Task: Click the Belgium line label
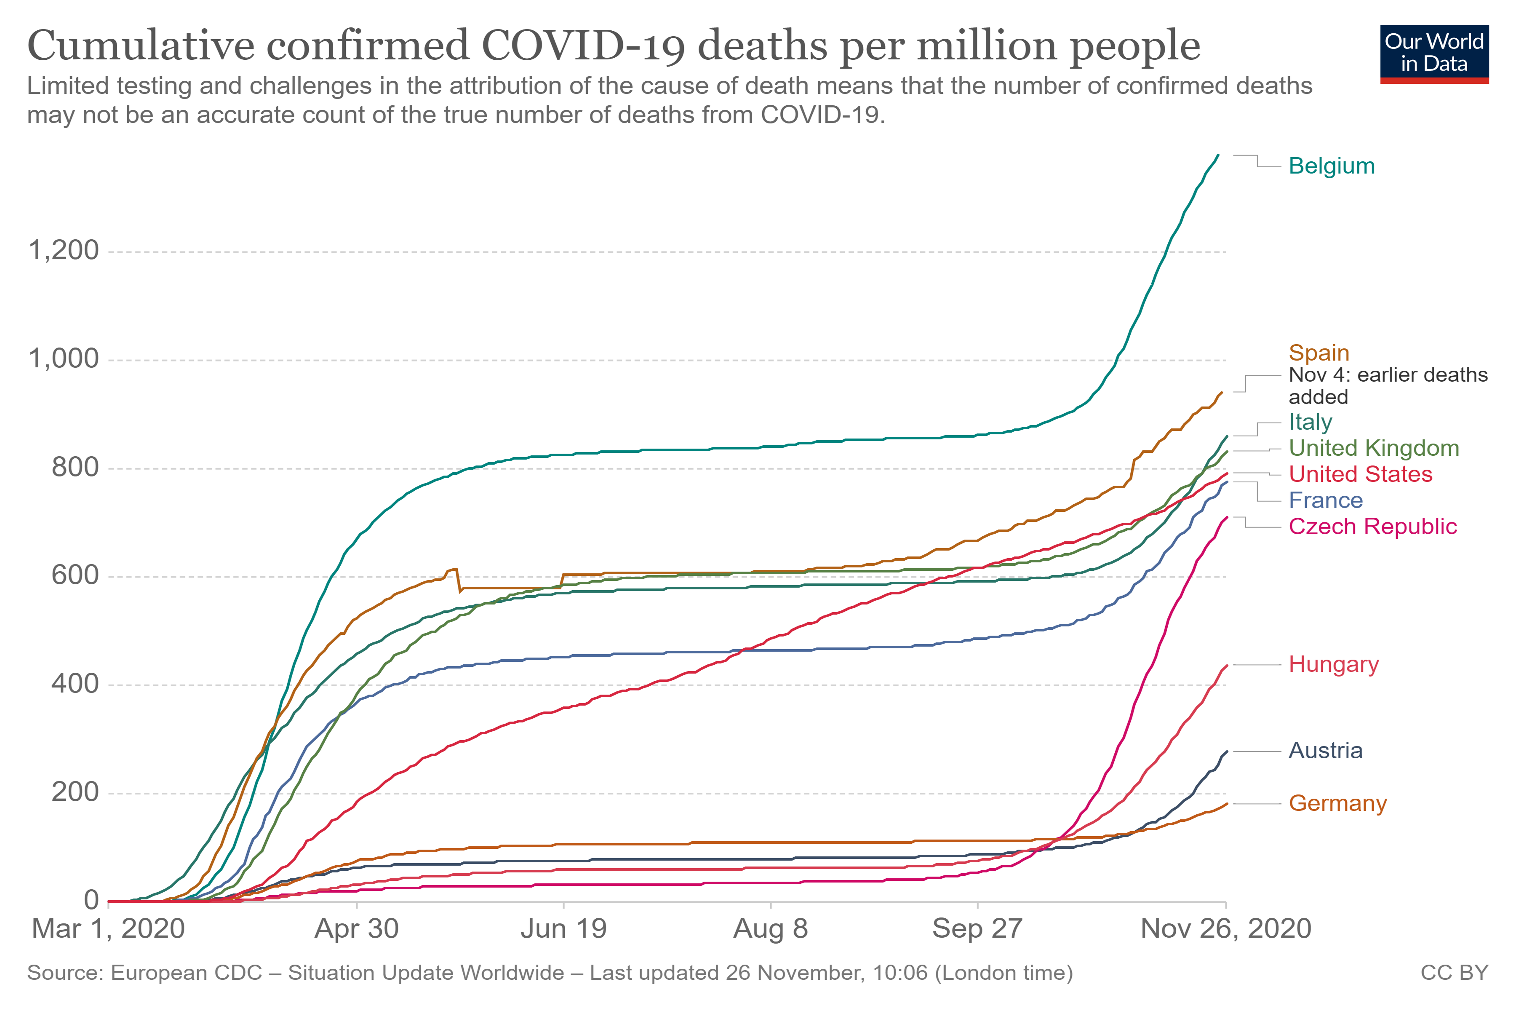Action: click(x=1331, y=166)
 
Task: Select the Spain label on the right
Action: click(x=1318, y=353)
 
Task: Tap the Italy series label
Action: click(x=1310, y=423)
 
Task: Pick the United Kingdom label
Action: click(x=1373, y=448)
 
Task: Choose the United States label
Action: click(x=1360, y=475)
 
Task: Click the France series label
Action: click(x=1325, y=501)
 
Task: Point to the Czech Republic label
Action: click(x=1372, y=527)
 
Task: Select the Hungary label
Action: click(x=1333, y=665)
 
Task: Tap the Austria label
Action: click(x=1325, y=751)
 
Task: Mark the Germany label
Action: click(x=1337, y=804)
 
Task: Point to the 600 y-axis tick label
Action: click(x=75, y=576)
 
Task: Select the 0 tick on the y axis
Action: click(x=91, y=900)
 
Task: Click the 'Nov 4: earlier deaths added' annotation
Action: click(x=1387, y=385)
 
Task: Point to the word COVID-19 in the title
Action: click(x=582, y=46)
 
